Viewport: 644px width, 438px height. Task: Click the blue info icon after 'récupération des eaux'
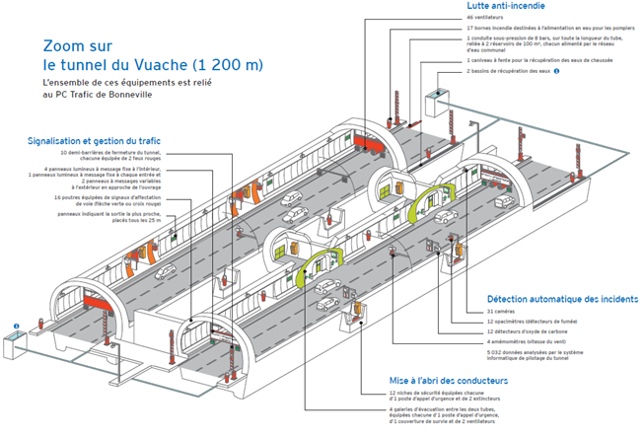click(557, 71)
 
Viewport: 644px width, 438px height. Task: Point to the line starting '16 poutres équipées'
click(114, 198)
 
